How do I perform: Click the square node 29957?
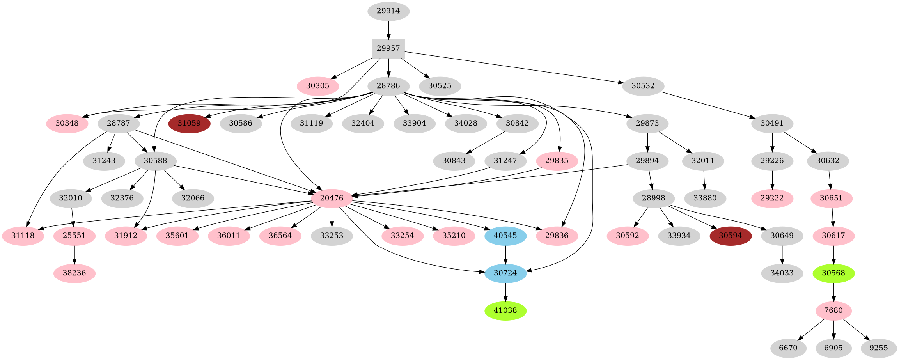388,49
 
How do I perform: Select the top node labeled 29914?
388,11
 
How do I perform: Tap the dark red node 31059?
189,124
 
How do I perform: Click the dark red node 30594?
730,236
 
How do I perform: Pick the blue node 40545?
505,236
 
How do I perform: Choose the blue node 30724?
505,273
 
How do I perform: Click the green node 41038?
505,311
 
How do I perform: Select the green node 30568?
833,273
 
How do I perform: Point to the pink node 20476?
332,199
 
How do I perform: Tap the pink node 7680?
833,311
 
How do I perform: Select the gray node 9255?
878,348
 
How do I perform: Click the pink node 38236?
74,273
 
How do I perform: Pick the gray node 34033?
782,273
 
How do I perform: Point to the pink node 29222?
772,199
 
